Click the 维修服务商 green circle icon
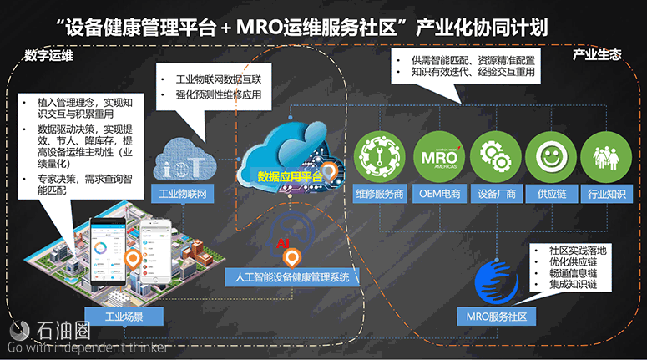380,157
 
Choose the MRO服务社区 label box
497,317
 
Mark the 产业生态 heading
596,55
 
